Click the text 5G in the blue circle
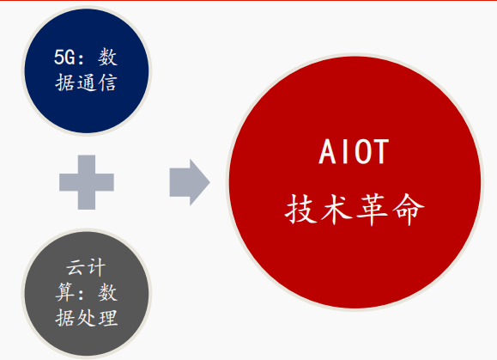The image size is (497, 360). point(65,58)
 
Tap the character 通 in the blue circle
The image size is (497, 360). point(87,83)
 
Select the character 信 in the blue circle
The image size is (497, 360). point(107,82)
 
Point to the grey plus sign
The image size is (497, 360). point(87,182)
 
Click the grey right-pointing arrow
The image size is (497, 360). point(190,182)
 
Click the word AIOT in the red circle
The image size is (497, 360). point(354,151)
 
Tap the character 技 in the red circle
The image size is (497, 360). point(300,209)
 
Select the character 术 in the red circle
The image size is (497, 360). point(336,210)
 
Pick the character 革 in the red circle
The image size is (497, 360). point(373,210)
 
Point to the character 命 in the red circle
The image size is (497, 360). point(409,210)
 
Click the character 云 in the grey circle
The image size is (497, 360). point(76,267)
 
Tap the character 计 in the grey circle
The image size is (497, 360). point(96,267)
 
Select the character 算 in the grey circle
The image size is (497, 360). point(65,292)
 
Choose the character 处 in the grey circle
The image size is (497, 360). point(87,318)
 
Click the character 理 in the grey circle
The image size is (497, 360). point(108,318)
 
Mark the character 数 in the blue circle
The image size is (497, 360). point(108,58)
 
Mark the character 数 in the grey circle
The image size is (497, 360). point(108,292)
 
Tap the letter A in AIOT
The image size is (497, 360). point(327,151)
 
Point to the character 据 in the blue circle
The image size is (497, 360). point(65,83)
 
